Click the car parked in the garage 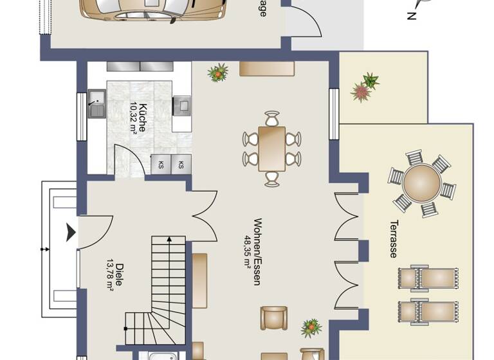(x=154, y=9)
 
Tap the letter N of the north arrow (x=411, y=17)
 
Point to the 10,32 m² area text (x=133, y=117)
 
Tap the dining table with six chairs (x=272, y=148)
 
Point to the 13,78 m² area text (x=110, y=273)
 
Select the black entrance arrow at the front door (x=70, y=232)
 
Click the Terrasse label (x=392, y=239)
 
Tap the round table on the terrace (x=422, y=183)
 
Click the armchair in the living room (x=274, y=318)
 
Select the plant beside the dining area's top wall (x=218, y=73)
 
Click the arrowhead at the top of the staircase (x=169, y=239)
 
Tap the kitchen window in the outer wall (x=82, y=116)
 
